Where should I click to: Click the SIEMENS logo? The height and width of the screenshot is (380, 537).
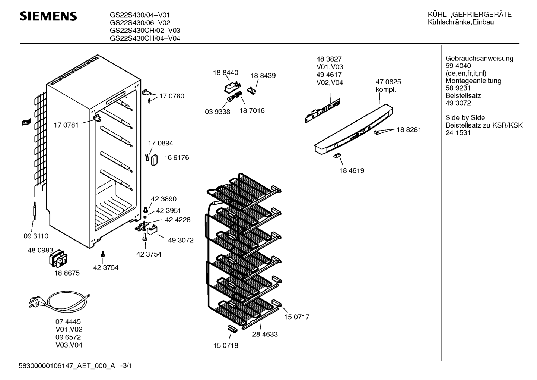(48, 16)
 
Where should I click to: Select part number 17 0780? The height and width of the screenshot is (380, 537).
(171, 96)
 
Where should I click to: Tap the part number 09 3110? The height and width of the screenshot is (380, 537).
(36, 236)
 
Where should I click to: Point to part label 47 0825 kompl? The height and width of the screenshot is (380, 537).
(388, 86)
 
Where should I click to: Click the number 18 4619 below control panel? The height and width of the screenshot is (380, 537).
(351, 170)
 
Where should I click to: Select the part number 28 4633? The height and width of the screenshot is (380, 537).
(265, 334)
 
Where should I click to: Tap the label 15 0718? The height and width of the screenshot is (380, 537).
(225, 345)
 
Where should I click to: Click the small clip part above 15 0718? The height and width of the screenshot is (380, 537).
(232, 328)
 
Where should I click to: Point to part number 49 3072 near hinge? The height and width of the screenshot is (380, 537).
(181, 240)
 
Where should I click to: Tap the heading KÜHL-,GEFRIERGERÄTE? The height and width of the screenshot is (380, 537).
(469, 15)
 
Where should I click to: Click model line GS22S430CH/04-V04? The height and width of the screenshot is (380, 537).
(145, 38)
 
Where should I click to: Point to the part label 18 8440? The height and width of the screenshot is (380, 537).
(225, 73)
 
